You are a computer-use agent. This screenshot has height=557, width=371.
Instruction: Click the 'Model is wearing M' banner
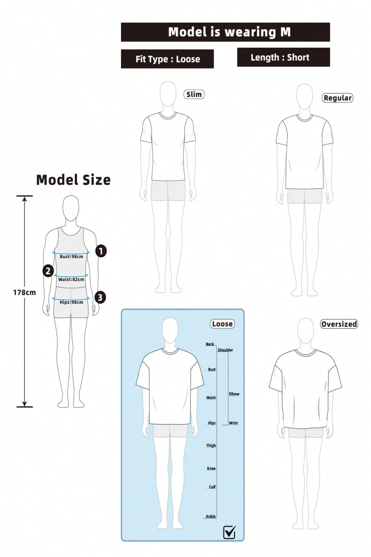tap(225, 32)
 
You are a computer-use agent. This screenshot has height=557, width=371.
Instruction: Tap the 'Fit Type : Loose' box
tap(167, 59)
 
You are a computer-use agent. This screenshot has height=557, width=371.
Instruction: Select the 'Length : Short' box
tap(283, 58)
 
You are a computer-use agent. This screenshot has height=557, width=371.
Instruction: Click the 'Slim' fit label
tap(194, 95)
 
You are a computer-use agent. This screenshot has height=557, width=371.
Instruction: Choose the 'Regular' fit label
tap(338, 98)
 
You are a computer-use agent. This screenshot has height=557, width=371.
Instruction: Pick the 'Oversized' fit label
tap(339, 324)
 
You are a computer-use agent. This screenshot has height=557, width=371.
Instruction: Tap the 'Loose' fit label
tap(223, 324)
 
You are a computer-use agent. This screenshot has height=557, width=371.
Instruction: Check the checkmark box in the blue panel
tap(229, 532)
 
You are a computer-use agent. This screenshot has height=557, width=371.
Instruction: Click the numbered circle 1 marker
tap(101, 251)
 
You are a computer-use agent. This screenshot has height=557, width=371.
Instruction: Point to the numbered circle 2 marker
tap(48, 271)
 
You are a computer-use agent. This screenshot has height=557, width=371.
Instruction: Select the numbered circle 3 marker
tap(100, 298)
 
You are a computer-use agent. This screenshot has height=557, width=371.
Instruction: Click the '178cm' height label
tap(25, 292)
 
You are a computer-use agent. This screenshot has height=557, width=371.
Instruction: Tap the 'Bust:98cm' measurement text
tap(71, 257)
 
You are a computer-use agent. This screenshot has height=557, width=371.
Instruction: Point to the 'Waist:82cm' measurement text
tap(71, 279)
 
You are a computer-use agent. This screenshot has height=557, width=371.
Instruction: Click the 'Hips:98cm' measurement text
tap(71, 302)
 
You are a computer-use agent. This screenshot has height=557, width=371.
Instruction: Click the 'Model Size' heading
tap(73, 180)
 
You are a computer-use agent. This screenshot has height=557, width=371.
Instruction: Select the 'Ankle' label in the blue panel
tap(211, 517)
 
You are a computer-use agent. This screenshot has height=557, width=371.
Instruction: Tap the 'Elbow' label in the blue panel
tap(234, 394)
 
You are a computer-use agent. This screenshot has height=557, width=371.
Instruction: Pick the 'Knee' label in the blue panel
tap(211, 468)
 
